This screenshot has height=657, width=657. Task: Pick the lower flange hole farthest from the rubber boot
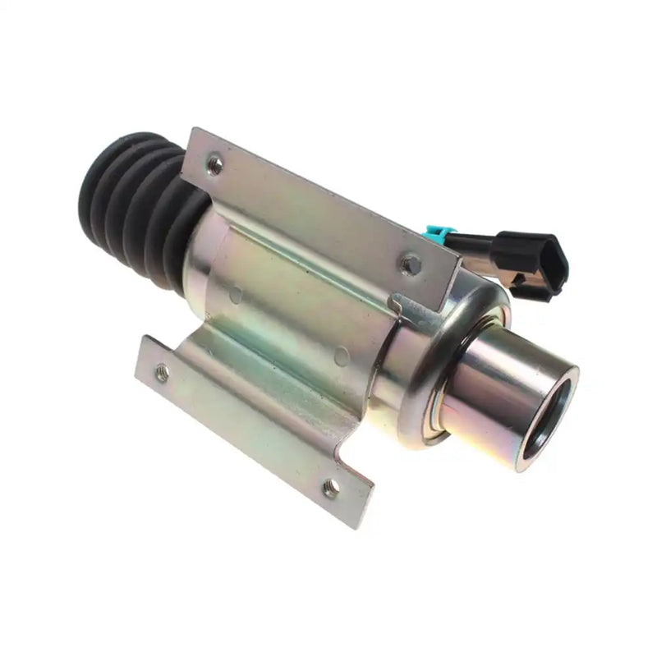click(330, 489)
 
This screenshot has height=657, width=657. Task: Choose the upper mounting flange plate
click(320, 205)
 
